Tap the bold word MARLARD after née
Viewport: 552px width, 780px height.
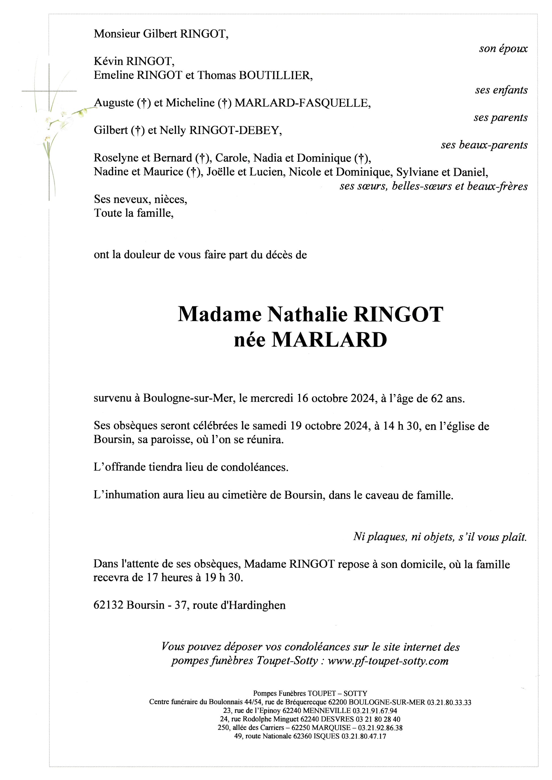pyautogui.click(x=329, y=340)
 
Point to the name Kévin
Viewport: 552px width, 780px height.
pyautogui.click(x=108, y=61)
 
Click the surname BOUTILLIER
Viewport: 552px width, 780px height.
pyautogui.click(x=275, y=75)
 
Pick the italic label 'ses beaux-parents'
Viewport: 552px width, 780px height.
pyautogui.click(x=484, y=145)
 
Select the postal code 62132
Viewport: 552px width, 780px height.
pyautogui.click(x=108, y=605)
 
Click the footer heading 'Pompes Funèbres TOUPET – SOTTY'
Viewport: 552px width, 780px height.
pyautogui.click(x=310, y=693)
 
